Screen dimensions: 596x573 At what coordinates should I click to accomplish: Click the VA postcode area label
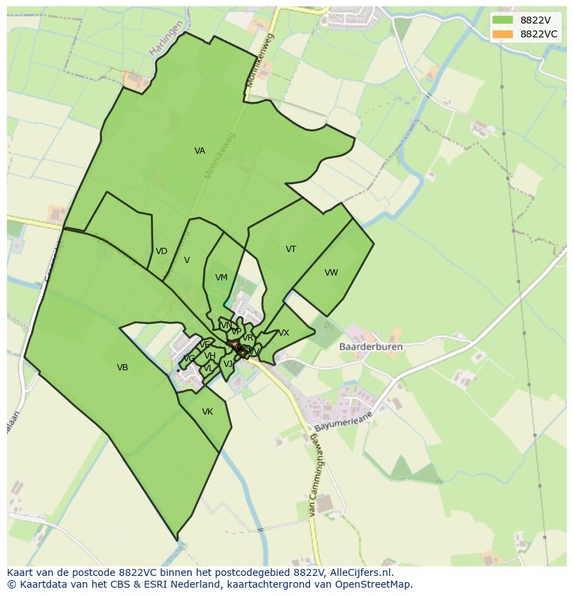click(x=199, y=151)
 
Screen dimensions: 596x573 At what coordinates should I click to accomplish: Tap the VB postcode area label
click(x=122, y=368)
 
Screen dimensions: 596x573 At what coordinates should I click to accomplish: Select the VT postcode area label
click(x=291, y=249)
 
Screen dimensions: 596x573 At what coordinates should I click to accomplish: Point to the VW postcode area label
click(x=331, y=273)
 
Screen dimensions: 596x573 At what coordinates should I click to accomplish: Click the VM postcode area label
click(x=221, y=278)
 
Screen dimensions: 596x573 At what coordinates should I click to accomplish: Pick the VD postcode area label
click(x=161, y=251)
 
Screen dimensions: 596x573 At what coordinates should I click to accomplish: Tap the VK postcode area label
click(x=207, y=412)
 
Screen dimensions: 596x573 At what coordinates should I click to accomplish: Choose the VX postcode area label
click(x=284, y=333)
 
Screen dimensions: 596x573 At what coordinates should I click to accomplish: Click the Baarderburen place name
click(x=371, y=347)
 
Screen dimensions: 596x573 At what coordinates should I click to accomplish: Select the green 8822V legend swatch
click(x=503, y=20)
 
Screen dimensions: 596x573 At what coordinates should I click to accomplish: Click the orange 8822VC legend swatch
click(x=503, y=34)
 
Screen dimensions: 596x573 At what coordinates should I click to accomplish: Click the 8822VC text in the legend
click(x=538, y=34)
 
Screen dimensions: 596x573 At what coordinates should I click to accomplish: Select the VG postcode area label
click(x=188, y=359)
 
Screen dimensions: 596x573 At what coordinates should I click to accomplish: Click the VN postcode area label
click(x=225, y=325)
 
